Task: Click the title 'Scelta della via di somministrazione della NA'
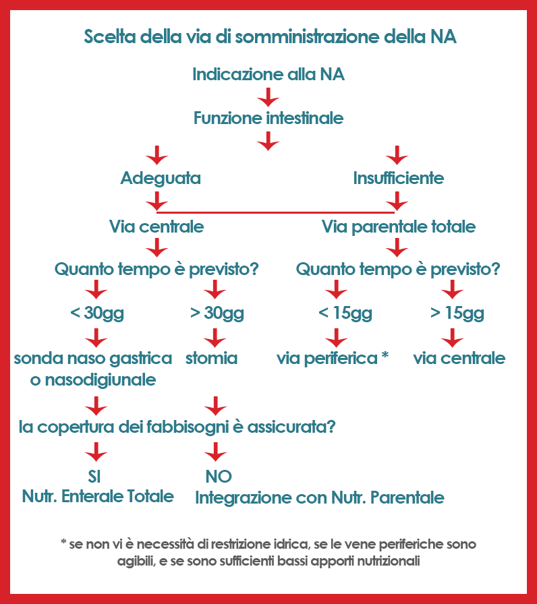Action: click(x=271, y=37)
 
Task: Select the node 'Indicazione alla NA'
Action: click(x=268, y=74)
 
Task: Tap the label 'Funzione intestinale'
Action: click(x=268, y=118)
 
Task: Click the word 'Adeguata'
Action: click(x=161, y=179)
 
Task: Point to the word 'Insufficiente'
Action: click(x=399, y=178)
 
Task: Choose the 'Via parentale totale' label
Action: click(x=399, y=227)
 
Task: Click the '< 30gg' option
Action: click(x=97, y=313)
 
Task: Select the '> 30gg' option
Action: click(x=217, y=313)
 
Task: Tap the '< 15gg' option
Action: click(x=345, y=313)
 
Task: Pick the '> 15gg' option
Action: click(x=457, y=313)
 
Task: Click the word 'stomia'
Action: click(x=211, y=358)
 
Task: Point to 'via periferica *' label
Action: click(x=333, y=359)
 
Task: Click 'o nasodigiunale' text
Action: click(x=93, y=380)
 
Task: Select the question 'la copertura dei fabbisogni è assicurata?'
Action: click(x=177, y=427)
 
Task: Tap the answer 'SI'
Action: click(x=94, y=477)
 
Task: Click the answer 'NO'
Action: click(x=219, y=477)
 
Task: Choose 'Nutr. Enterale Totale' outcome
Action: click(x=98, y=496)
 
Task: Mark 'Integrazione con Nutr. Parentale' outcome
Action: click(x=320, y=497)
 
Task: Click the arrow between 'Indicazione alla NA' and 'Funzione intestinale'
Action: click(x=268, y=97)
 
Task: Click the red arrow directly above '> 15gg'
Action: click(x=453, y=289)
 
